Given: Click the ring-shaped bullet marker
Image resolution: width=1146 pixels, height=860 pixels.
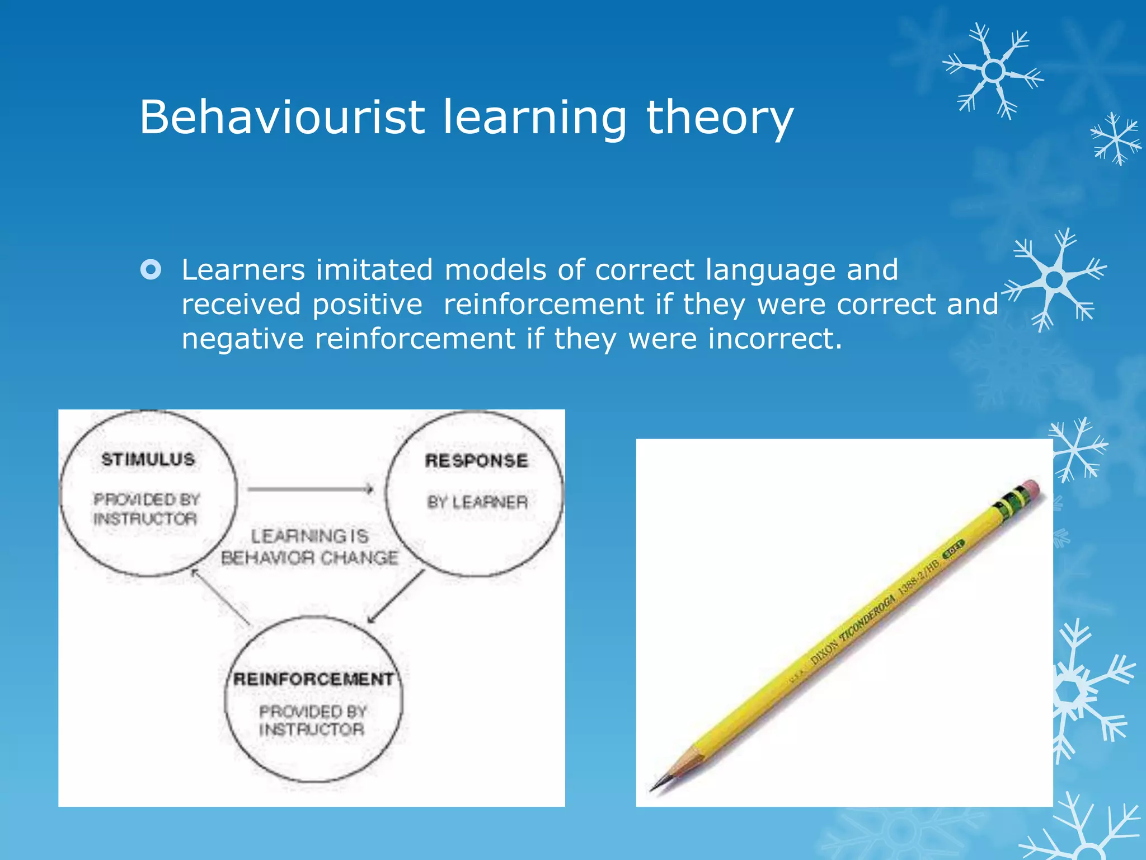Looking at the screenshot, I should tap(151, 270).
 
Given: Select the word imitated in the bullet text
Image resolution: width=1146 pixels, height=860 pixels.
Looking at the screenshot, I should tap(374, 270).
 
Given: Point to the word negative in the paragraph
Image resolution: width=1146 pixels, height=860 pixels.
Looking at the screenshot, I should tap(242, 339).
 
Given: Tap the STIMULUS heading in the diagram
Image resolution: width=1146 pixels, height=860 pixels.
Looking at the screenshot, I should tap(148, 460).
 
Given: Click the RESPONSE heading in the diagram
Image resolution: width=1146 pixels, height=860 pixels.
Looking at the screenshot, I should tap(476, 461).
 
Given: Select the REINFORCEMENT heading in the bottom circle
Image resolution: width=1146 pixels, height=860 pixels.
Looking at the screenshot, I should tap(313, 679).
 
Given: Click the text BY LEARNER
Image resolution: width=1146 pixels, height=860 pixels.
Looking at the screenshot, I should tap(477, 502).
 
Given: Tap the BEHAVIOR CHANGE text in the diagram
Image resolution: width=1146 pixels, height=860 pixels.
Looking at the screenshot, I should tap(309, 558).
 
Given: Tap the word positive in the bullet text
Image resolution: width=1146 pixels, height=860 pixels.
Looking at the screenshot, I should tap(367, 305).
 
